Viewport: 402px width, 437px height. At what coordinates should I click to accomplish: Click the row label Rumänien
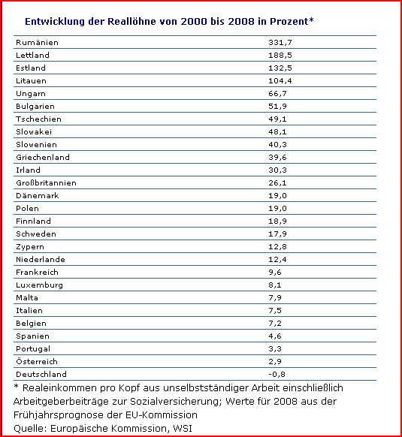coord(36,42)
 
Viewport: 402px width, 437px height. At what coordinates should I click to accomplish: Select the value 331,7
coord(281,42)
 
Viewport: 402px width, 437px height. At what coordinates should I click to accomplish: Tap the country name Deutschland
coord(41,374)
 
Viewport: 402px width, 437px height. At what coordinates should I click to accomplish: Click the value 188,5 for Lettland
coord(281,55)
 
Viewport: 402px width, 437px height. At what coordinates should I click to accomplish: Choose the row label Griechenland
coord(42,157)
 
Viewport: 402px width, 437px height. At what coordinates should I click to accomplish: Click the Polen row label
coord(27,208)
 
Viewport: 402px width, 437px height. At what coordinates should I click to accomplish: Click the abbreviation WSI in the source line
coord(182,429)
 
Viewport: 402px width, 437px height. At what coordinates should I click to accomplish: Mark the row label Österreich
coord(37,361)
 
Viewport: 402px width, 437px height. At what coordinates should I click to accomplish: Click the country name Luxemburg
coord(38,285)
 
